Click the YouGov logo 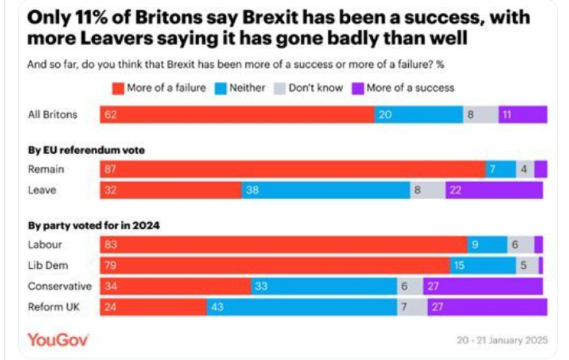point(58,340)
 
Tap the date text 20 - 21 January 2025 point(502,340)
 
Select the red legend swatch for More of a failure point(118,88)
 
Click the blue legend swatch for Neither point(221,88)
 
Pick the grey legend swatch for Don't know point(280,88)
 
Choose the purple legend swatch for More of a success point(358,88)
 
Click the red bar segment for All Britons point(237,115)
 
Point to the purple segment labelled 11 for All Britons point(522,115)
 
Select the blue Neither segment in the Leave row point(325,190)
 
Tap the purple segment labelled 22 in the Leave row point(493,190)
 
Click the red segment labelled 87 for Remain point(292,169)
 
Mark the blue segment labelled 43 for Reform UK point(301,307)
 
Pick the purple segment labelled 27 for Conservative point(482,286)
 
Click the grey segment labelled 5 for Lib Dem point(526,265)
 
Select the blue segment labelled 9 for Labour point(487,244)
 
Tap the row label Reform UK point(54,307)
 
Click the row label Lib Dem point(48,265)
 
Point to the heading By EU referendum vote point(86,151)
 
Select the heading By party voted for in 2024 point(93,226)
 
